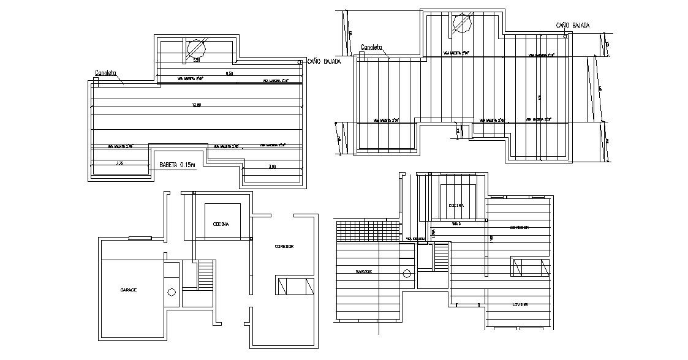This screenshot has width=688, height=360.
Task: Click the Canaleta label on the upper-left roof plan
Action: (105, 73)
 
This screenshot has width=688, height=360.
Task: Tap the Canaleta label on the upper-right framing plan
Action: (371, 47)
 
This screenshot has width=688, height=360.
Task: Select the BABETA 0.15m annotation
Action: (177, 165)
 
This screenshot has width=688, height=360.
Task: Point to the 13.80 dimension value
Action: (196, 105)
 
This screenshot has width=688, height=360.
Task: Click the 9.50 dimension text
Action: (229, 73)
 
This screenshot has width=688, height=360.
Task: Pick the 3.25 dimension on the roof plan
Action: (120, 163)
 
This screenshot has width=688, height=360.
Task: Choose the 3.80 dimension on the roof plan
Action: (272, 167)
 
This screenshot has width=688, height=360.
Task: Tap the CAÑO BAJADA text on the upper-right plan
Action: (572, 25)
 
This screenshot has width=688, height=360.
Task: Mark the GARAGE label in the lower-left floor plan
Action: (128, 290)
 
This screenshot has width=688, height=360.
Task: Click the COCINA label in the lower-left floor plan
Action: (221, 224)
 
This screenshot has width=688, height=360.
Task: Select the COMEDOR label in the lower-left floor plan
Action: (284, 246)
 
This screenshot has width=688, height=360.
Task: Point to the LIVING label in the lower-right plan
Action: (521, 304)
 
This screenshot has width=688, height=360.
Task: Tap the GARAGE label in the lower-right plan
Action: (365, 271)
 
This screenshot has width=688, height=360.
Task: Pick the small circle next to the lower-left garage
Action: (172, 292)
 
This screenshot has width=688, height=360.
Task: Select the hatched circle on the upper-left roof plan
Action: (197, 48)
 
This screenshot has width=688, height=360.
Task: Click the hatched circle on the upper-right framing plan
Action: (460, 24)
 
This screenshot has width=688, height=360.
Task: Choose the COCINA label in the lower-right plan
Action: (456, 205)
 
